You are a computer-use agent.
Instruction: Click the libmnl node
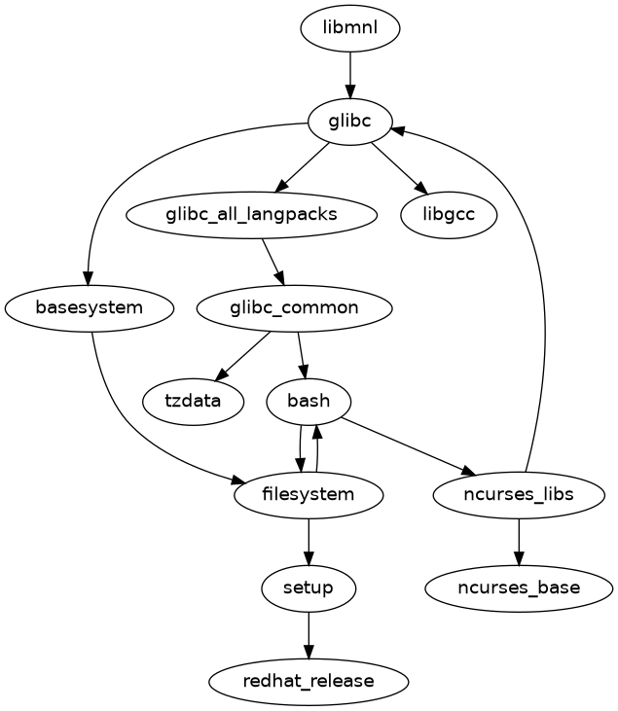point(350,29)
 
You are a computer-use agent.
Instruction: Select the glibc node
point(350,122)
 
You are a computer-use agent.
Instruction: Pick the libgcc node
point(450,214)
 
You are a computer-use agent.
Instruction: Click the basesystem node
point(90,308)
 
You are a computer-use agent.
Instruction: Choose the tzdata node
point(193,401)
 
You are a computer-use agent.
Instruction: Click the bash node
point(309,401)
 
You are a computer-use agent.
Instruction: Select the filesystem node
point(309,495)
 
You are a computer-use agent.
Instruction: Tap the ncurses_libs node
point(519,495)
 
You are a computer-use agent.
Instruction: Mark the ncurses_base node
point(519,587)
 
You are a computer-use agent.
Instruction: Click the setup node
point(309,587)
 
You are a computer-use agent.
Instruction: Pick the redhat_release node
point(309,681)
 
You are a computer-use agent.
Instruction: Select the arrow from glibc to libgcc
point(399,167)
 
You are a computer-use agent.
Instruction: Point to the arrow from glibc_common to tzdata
point(243,355)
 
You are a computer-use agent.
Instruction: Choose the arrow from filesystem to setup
point(309,541)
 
